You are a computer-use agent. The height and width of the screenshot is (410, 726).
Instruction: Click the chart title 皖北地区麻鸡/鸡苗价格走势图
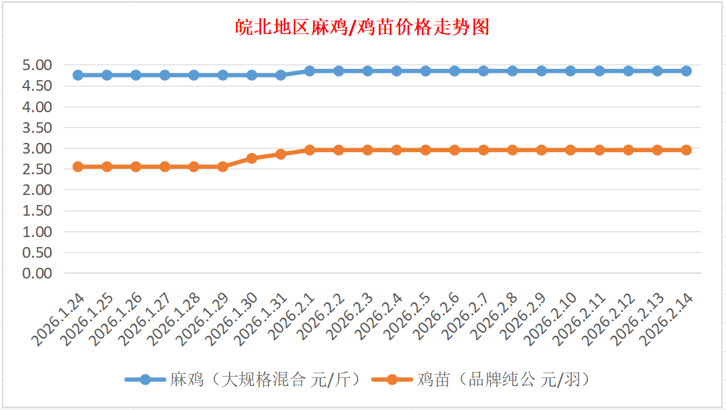pyautogui.click(x=363, y=27)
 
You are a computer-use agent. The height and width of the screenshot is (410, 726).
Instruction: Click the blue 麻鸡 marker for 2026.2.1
pyautogui.click(x=310, y=71)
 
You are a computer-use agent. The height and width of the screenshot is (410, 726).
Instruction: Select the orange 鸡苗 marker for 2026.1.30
pyautogui.click(x=252, y=158)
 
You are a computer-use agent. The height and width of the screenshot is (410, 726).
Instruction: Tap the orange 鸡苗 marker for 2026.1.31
pyautogui.click(x=281, y=154)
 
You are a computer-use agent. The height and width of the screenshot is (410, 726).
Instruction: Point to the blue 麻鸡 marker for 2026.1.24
pyautogui.click(x=77, y=75)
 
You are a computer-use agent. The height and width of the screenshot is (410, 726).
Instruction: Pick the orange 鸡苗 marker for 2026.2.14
pyautogui.click(x=686, y=150)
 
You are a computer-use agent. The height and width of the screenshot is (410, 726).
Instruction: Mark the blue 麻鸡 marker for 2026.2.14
pyautogui.click(x=686, y=71)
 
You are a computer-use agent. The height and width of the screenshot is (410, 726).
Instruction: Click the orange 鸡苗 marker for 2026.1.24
pyautogui.click(x=77, y=166)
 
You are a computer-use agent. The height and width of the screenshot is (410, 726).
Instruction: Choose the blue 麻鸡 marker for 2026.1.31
pyautogui.click(x=281, y=75)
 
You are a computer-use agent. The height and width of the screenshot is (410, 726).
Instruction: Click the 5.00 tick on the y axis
pyautogui.click(x=37, y=65)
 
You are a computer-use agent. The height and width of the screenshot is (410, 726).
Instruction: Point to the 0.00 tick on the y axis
pyautogui.click(x=37, y=273)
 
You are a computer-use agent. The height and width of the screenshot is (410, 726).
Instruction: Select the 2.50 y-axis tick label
pyautogui.click(x=37, y=170)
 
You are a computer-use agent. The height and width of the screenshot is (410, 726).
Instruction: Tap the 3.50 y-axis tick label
pyautogui.click(x=37, y=128)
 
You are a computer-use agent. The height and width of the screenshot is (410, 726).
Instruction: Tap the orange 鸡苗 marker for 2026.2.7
pyautogui.click(x=484, y=150)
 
